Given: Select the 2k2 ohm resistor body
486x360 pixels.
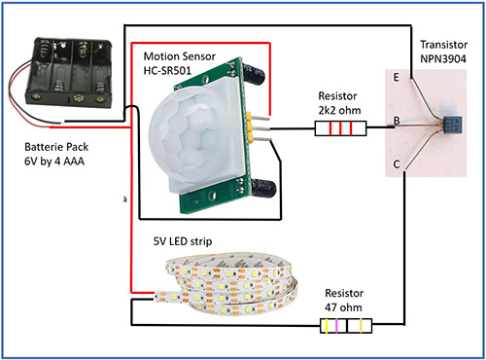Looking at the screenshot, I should point(334,127).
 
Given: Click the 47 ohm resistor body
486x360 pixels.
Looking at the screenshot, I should point(344,325).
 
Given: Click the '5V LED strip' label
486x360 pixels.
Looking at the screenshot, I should point(185,240).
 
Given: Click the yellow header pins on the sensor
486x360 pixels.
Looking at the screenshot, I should point(256,126).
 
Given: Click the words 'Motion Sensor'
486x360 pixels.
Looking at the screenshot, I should point(179,54).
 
